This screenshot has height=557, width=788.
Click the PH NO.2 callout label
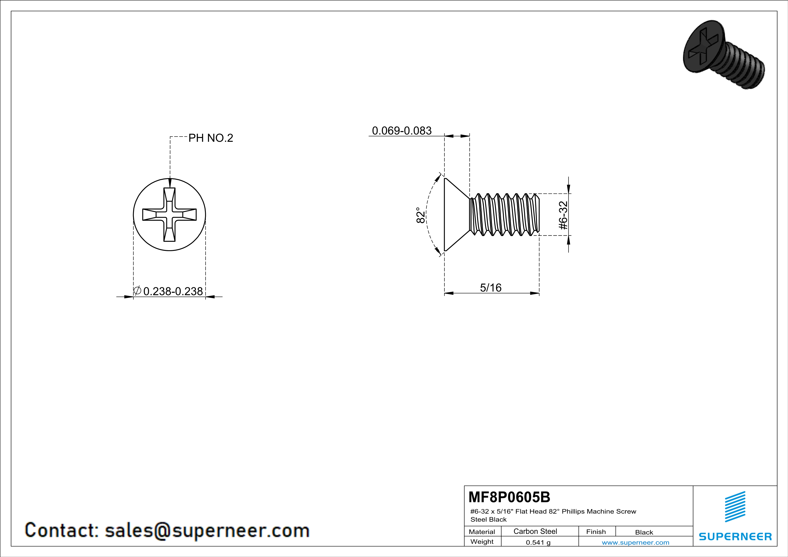211,138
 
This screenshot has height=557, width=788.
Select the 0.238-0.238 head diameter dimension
173,291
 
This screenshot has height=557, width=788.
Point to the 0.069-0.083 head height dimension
402,131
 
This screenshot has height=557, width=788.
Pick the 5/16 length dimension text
491,287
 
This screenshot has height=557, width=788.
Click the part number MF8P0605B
509,497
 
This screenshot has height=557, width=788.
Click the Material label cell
482,532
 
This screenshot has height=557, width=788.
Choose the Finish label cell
596,532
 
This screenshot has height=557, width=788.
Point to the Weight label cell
482,542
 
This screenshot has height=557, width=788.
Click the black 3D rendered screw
724,55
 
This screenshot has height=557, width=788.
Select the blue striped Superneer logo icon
735,507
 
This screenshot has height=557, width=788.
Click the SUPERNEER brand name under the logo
735,536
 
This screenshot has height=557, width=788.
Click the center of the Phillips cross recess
170,215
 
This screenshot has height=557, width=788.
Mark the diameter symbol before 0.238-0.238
137,291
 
